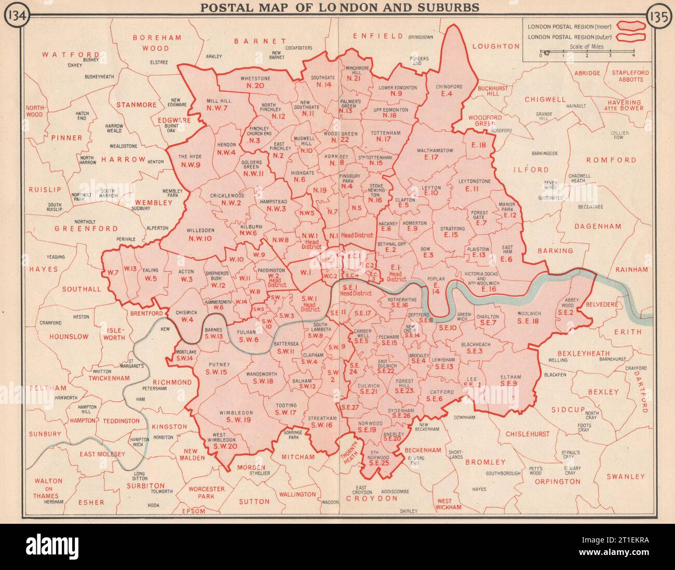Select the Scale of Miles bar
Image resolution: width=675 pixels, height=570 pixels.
click(587, 53)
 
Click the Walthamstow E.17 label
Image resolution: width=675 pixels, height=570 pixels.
click(435, 154)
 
